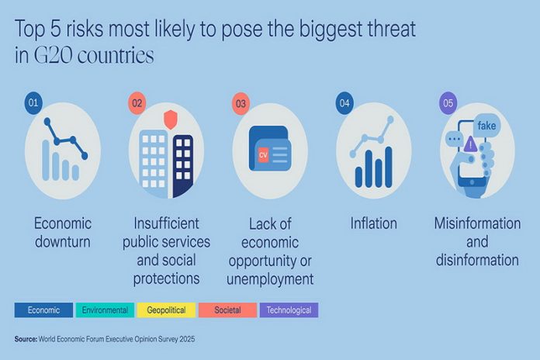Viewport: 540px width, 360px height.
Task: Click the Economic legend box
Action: click(43, 310)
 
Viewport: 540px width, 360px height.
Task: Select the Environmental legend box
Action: click(105, 310)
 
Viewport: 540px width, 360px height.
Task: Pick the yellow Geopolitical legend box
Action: click(166, 310)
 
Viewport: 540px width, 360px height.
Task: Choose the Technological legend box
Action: click(289, 310)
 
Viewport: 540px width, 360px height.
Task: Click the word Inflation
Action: click(373, 223)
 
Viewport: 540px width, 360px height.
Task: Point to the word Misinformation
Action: click(477, 223)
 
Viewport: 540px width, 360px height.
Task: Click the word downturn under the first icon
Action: click(63, 241)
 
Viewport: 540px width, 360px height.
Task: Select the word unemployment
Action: click(269, 278)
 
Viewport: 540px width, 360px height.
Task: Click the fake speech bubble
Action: click(487, 125)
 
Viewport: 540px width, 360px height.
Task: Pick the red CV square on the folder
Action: click(263, 155)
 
